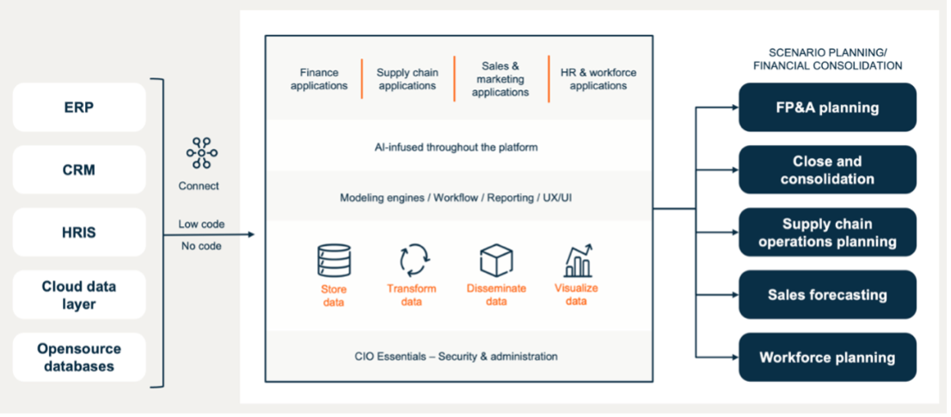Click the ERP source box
(x=79, y=107)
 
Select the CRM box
(x=79, y=170)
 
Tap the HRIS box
(x=79, y=232)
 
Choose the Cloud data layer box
(x=79, y=295)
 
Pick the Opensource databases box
(x=79, y=358)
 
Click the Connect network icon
(x=201, y=154)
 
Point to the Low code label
(x=201, y=224)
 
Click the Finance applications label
(x=319, y=79)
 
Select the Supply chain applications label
(x=407, y=79)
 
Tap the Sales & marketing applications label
(x=500, y=79)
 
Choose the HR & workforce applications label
(x=598, y=79)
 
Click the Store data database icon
(x=333, y=261)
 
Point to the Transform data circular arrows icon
(x=412, y=261)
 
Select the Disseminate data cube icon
(x=496, y=261)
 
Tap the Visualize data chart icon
(x=577, y=261)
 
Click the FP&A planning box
(x=827, y=107)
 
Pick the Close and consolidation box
(x=827, y=170)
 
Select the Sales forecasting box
(x=827, y=295)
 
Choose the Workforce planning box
(x=827, y=358)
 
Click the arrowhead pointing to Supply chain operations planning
(x=733, y=232)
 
